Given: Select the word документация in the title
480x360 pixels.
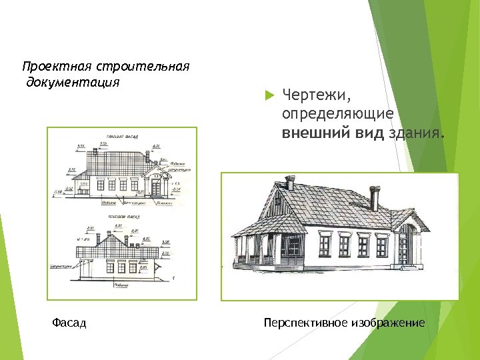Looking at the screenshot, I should pyautogui.click(x=73, y=83).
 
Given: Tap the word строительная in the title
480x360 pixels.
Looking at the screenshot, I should pyautogui.click(x=143, y=67).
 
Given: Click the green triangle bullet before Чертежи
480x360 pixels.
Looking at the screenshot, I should pyautogui.click(x=269, y=95).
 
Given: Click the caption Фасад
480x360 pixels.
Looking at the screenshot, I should pyautogui.click(x=69, y=323).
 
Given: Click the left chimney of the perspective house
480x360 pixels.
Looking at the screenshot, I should pyautogui.click(x=289, y=183).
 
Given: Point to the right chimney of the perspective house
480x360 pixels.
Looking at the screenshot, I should pyautogui.click(x=375, y=198).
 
